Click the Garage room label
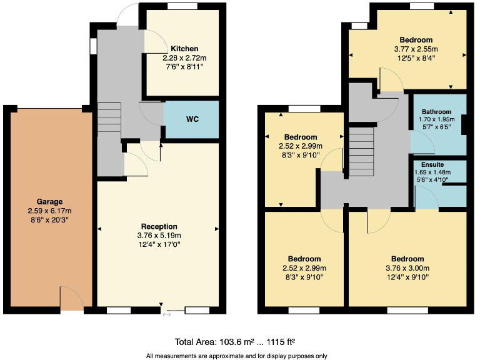tap(49, 202)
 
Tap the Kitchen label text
tap(184, 49)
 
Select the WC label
tap(192, 119)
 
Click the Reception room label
tap(159, 226)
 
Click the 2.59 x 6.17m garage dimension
tap(49, 211)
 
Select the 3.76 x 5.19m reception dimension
tap(159, 236)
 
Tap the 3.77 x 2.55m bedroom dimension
tap(416, 49)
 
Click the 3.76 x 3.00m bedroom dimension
tap(407, 269)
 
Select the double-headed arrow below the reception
tap(167, 314)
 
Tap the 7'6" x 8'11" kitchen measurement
tap(184, 66)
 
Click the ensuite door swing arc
tap(427, 199)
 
